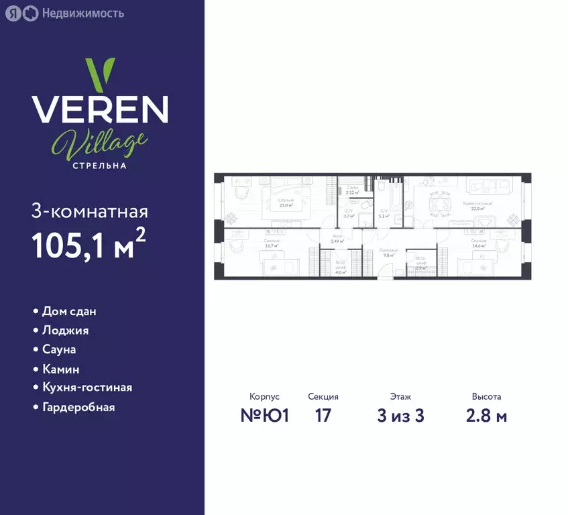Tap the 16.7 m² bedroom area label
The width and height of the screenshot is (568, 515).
tap(272, 243)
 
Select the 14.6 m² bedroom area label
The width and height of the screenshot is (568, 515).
tap(478, 243)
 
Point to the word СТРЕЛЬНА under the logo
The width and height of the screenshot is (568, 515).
tap(100, 165)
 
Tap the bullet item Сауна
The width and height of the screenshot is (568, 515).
tap(59, 349)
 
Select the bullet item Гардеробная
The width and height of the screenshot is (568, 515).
tap(78, 407)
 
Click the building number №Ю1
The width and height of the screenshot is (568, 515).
tap(264, 416)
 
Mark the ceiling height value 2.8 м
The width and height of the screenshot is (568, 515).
tap(486, 416)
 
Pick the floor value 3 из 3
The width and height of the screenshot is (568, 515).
tap(400, 416)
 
